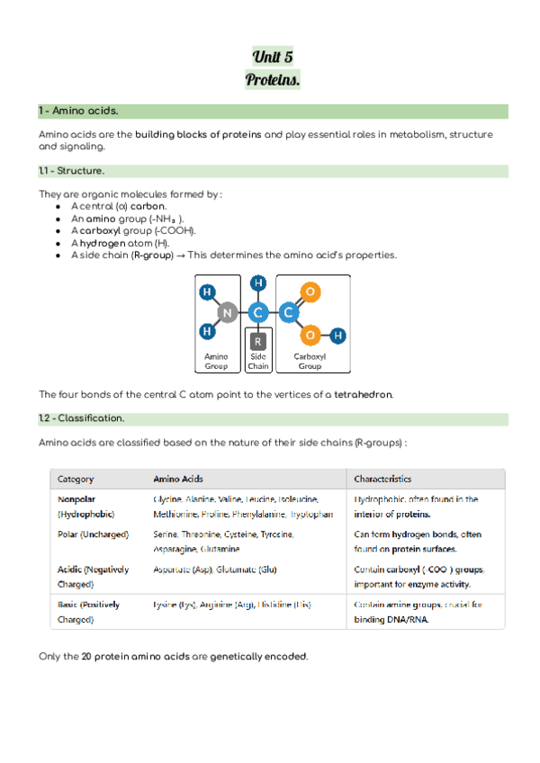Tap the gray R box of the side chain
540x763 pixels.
point(258,341)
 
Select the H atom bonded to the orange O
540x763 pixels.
point(337,336)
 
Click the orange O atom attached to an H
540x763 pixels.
point(310,336)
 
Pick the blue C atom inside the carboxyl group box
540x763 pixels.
point(288,312)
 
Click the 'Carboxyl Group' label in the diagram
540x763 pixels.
point(310,362)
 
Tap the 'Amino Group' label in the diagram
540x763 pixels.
point(217,362)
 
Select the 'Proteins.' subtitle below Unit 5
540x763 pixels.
point(273,80)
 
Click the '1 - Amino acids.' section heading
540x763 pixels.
point(77,112)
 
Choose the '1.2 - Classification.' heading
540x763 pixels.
point(82,418)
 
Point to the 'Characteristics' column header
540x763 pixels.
point(382,479)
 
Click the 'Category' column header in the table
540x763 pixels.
point(76,479)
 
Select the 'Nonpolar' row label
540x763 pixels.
point(76,498)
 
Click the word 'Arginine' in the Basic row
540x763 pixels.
point(210,605)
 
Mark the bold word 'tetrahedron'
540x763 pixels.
point(363,395)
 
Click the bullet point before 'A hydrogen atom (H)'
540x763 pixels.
point(58,243)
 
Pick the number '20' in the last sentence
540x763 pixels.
point(86,656)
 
